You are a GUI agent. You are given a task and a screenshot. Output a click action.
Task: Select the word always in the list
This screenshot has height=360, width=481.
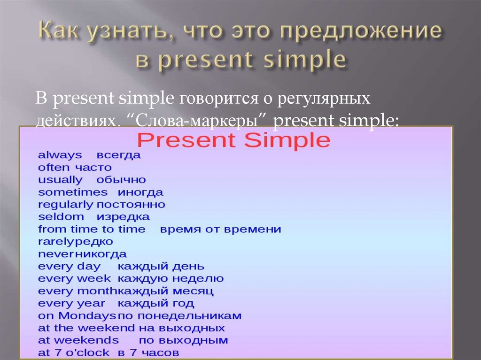(x=60, y=155)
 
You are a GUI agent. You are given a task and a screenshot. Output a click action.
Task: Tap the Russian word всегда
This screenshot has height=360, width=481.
(x=119, y=156)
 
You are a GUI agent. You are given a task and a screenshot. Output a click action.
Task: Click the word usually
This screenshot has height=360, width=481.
(x=60, y=180)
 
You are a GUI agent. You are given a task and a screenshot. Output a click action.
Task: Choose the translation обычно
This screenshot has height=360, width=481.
(x=121, y=180)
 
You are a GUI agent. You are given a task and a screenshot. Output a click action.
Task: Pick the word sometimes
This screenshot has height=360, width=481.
(x=73, y=192)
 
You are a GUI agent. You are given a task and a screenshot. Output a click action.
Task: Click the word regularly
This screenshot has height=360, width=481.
(x=65, y=205)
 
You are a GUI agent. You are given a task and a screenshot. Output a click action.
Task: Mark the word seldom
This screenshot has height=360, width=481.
(x=61, y=217)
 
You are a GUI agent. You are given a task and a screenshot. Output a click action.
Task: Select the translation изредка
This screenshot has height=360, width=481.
(x=124, y=217)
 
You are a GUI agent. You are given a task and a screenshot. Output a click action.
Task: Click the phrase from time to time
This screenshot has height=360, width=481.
(x=92, y=229)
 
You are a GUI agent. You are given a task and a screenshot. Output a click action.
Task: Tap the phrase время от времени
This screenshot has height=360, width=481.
(x=221, y=230)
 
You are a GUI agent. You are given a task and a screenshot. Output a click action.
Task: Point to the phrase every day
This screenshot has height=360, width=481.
(x=70, y=267)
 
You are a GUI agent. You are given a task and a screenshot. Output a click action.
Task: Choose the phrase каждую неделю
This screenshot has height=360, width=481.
(x=171, y=279)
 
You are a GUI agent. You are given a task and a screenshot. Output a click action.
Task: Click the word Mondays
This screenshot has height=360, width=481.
(x=87, y=316)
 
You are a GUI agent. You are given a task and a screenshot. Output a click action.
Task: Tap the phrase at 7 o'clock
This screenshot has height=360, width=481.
(x=74, y=352)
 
